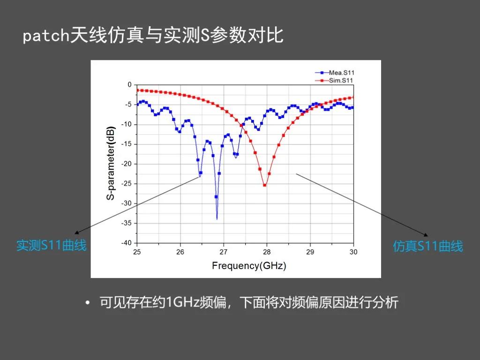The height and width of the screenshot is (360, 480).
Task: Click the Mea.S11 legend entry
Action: (335, 73)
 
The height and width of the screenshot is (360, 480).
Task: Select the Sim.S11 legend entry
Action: (335, 81)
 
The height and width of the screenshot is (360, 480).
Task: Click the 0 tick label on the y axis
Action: (129, 84)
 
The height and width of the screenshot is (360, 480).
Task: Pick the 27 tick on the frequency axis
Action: (224, 252)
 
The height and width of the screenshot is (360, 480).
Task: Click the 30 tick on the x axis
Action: (353, 252)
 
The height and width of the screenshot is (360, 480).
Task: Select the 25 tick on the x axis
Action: (137, 252)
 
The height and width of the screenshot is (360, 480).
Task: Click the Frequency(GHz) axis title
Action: (249, 265)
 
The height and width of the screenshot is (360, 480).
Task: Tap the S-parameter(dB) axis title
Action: (111, 163)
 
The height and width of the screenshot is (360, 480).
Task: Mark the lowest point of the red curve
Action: (265, 185)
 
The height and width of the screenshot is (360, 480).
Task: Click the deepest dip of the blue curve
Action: (217, 219)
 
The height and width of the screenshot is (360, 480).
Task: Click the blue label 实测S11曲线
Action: (52, 246)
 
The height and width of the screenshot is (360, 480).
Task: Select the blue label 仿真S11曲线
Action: (427, 247)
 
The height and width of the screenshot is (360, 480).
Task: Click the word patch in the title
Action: (46, 36)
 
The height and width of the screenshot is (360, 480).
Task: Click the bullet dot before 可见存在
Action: (88, 303)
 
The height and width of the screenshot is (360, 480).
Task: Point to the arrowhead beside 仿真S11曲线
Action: (426, 235)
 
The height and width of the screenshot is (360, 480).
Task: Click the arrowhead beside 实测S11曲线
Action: (77, 232)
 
